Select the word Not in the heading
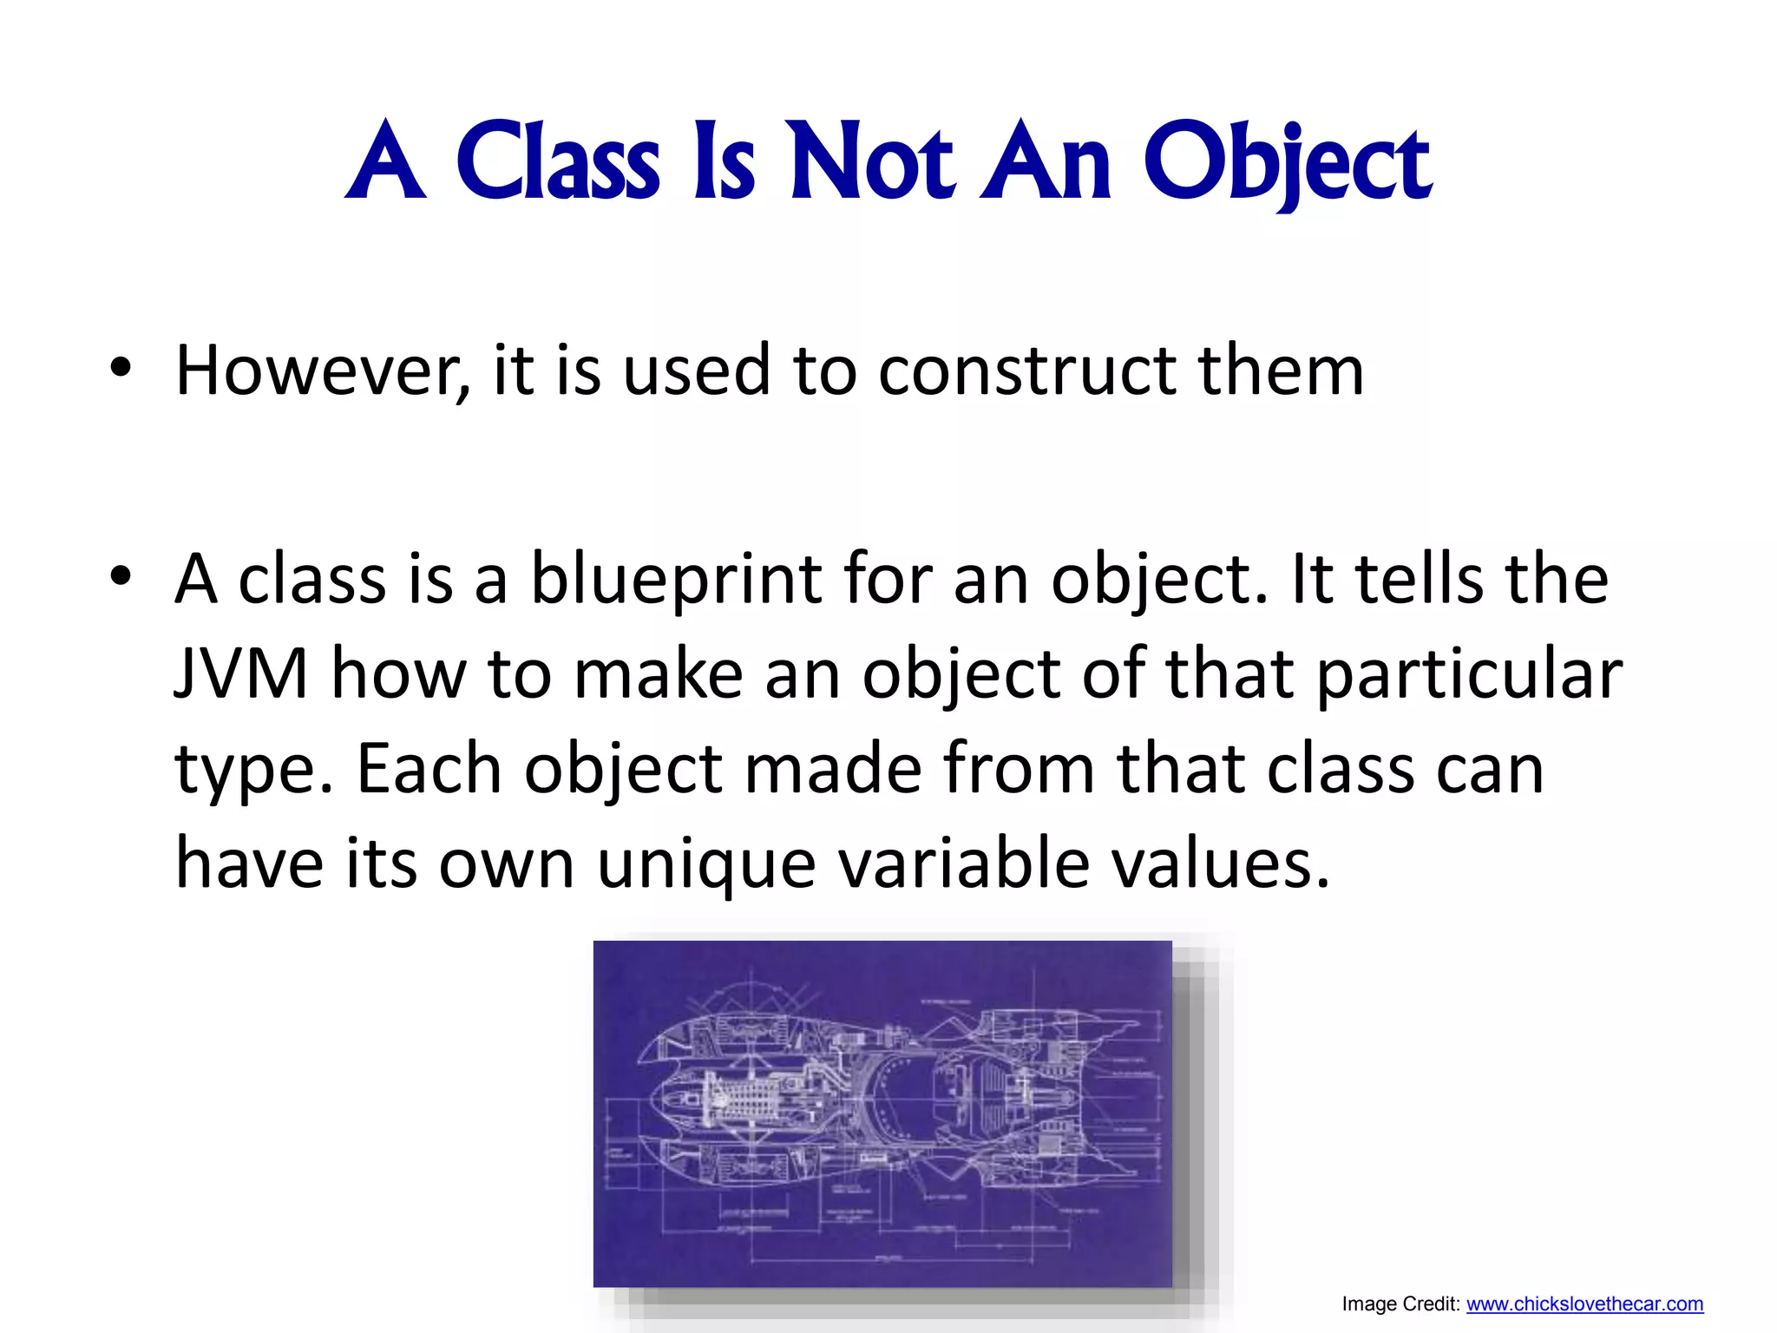pos(871,161)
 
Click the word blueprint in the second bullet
pos(675,580)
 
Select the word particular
pos(1468,675)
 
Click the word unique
pos(706,864)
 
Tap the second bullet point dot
pos(121,575)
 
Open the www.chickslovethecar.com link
pos(1584,1303)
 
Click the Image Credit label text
pos(1400,1303)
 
